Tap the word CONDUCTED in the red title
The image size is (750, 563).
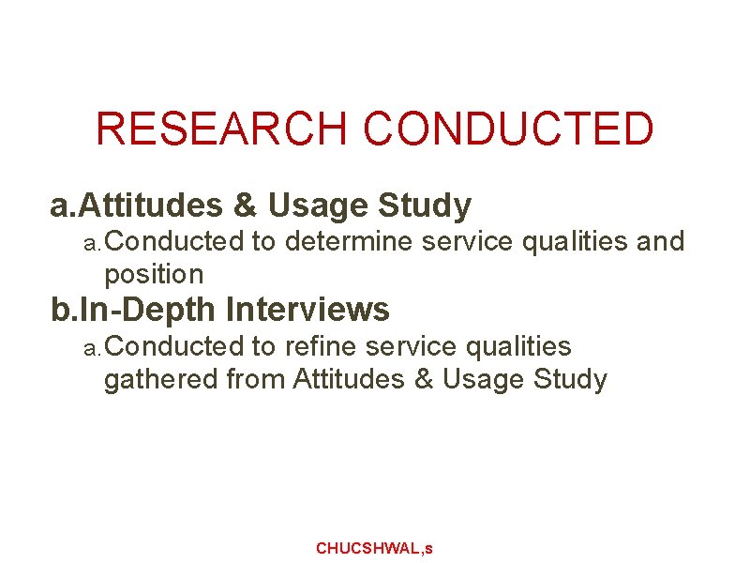point(508,129)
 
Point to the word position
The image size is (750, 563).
point(154,275)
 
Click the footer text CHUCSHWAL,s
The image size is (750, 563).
point(374,548)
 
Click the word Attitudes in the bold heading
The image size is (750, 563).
point(150,205)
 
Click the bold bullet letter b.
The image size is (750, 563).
point(59,309)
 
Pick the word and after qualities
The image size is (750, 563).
point(661,242)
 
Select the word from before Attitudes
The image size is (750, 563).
point(256,379)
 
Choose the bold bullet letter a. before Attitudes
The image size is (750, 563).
point(61,205)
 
